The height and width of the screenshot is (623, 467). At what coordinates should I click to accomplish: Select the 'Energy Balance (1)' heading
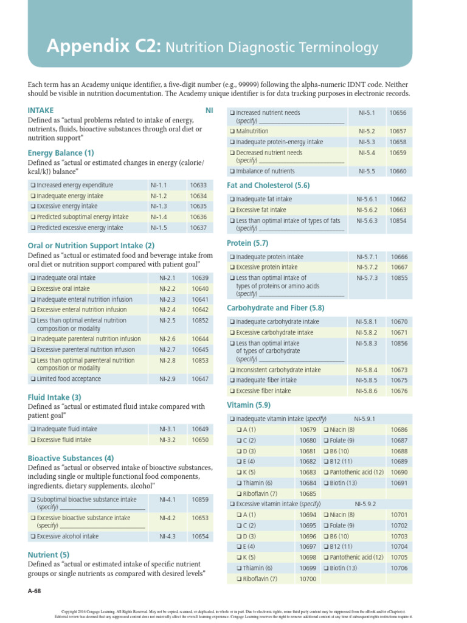click(x=61, y=153)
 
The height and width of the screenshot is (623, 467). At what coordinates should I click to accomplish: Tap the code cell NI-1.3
click(x=159, y=206)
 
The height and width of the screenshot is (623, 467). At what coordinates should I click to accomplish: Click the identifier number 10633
click(x=198, y=185)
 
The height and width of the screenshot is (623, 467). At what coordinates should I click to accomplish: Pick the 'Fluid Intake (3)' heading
click(x=55, y=397)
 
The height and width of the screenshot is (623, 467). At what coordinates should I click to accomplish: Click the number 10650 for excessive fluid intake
click(x=200, y=439)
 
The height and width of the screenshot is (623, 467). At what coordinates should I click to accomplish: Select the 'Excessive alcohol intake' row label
click(x=67, y=536)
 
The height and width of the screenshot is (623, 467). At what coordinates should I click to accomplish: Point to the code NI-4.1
click(x=167, y=499)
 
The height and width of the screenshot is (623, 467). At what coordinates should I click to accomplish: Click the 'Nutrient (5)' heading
click(x=49, y=555)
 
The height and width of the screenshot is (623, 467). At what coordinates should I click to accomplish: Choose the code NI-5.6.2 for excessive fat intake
click(x=367, y=210)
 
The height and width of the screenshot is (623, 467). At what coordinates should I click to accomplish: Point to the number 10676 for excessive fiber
click(x=399, y=391)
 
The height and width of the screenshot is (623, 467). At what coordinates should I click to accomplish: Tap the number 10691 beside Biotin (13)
click(x=399, y=483)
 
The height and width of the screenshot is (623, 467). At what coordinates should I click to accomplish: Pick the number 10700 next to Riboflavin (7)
click(x=308, y=579)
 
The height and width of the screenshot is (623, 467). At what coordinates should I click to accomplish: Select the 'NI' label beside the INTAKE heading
click(x=209, y=110)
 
